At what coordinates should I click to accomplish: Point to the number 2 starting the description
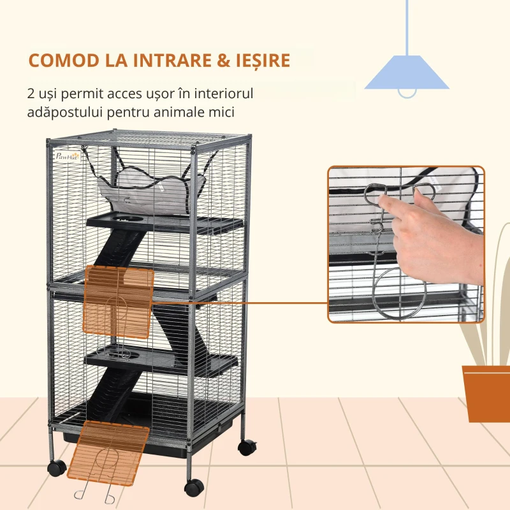coord(32,94)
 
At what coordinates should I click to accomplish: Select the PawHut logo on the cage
coord(68,156)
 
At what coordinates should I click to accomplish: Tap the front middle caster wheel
coord(194,488)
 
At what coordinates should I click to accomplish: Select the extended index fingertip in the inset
coord(384,202)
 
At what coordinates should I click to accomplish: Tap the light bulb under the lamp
coord(407,93)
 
